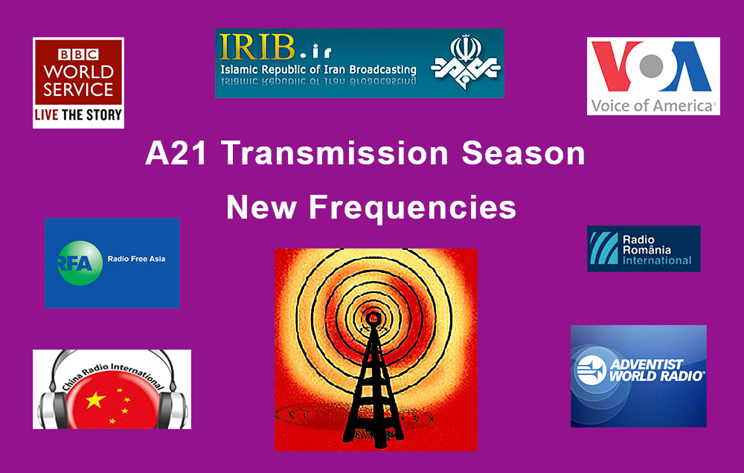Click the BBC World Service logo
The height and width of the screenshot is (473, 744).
[x=78, y=83]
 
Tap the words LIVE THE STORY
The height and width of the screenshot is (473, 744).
[x=78, y=115]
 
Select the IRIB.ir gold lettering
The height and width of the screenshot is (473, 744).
[x=275, y=47]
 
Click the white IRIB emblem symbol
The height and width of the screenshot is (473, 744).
[x=466, y=62]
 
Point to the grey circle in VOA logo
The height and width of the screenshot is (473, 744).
[x=652, y=66]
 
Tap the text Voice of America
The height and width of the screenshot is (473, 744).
[x=652, y=106]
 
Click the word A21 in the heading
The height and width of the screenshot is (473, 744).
[x=176, y=153]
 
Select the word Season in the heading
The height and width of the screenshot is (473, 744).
[x=523, y=153]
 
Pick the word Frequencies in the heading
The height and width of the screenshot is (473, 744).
[x=412, y=208]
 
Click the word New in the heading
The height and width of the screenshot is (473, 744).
[x=261, y=207]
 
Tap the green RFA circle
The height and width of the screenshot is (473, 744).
[x=80, y=263]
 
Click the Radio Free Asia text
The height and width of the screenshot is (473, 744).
[x=137, y=259]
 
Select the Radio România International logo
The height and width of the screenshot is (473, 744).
[x=644, y=248]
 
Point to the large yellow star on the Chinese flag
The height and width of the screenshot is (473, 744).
[x=95, y=400]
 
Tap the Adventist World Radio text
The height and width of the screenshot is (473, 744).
[x=657, y=370]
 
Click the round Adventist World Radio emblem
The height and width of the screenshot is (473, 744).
[x=591, y=370]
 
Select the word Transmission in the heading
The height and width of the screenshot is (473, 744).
[x=335, y=153]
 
